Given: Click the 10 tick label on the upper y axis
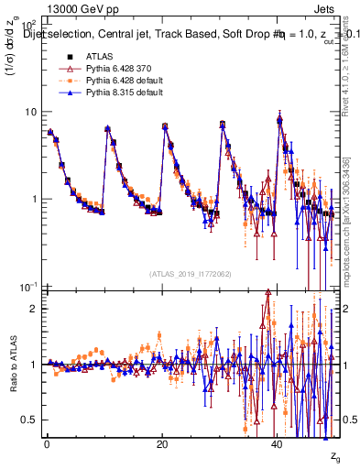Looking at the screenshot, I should (28, 112).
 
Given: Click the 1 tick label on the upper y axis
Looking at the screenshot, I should (32, 199).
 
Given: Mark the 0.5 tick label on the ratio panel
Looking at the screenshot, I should (28, 420).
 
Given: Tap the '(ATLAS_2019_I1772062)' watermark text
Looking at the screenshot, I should (191, 273).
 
